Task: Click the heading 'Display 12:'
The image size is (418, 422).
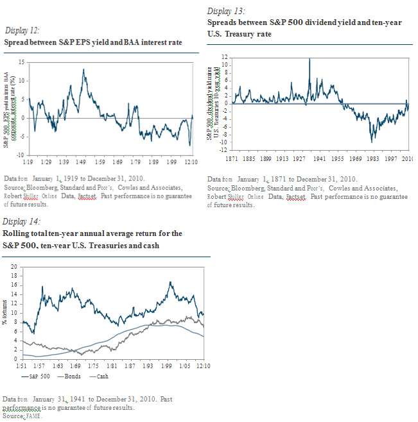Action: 21,31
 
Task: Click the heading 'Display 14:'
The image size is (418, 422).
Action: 20,222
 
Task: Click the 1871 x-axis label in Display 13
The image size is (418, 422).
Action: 229,158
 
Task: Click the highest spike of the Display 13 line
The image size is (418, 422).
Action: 309,59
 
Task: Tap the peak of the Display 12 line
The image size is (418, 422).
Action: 83,69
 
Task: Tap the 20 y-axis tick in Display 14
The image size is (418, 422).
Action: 15,266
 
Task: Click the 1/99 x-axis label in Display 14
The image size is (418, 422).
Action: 167,366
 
